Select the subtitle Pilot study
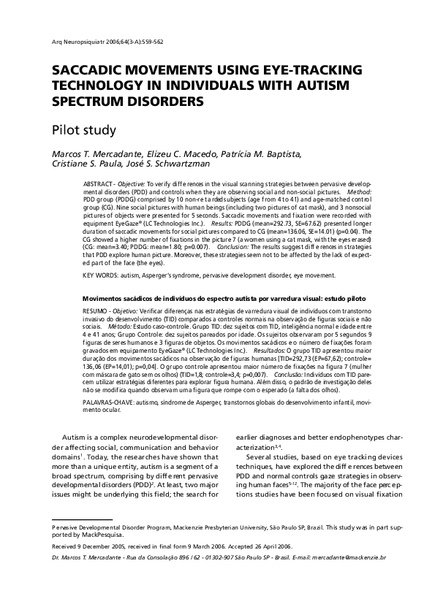pos(83,131)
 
